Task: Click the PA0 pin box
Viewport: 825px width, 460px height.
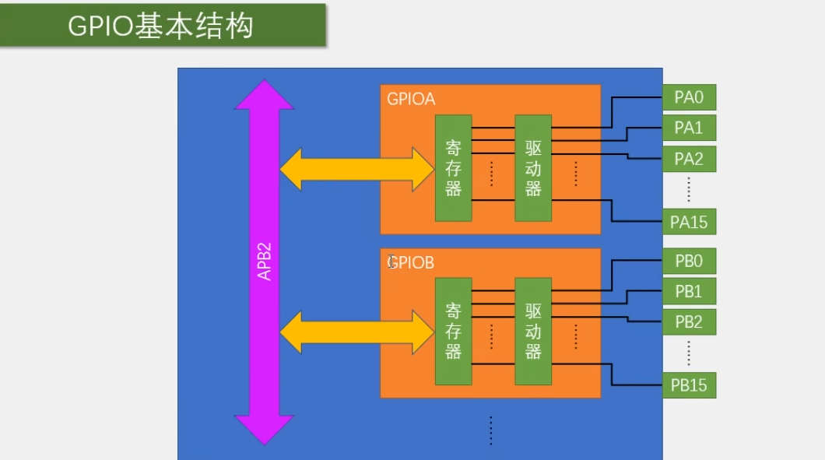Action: [689, 97]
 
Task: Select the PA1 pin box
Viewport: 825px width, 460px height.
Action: [689, 128]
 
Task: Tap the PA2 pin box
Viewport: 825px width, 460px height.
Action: [689, 160]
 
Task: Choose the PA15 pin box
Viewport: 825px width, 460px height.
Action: [689, 222]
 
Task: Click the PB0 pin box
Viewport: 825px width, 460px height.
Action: [689, 261]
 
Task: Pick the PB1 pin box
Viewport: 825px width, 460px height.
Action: [689, 292]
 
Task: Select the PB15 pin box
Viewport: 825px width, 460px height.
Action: [689, 385]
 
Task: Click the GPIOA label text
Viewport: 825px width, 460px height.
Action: [411, 100]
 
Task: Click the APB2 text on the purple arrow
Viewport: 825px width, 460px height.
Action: [265, 262]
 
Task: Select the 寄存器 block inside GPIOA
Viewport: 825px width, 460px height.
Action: [454, 168]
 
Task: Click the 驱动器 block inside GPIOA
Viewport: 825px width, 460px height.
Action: [533, 168]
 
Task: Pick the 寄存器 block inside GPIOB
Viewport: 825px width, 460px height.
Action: [454, 331]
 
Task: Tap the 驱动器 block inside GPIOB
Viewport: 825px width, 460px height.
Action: [533, 331]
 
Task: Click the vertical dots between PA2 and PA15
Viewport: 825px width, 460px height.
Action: [689, 190]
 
